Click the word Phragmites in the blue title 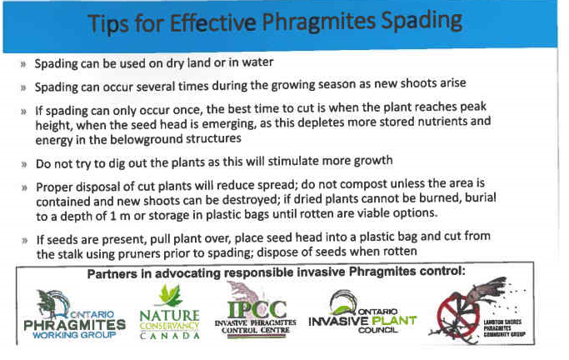pyautogui.click(x=318, y=22)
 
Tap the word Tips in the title pyautogui.click(x=107, y=24)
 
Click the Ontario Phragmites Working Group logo pyautogui.click(x=74, y=314)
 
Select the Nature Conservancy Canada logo pyautogui.click(x=169, y=312)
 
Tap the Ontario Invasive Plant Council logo pyautogui.click(x=362, y=312)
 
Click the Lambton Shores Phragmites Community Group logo pyautogui.click(x=478, y=312)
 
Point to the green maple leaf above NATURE pyautogui.click(x=169, y=295)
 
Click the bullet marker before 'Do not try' pyautogui.click(x=24, y=164)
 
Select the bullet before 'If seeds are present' pyautogui.click(x=25, y=241)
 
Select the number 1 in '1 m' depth pyautogui.click(x=112, y=216)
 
